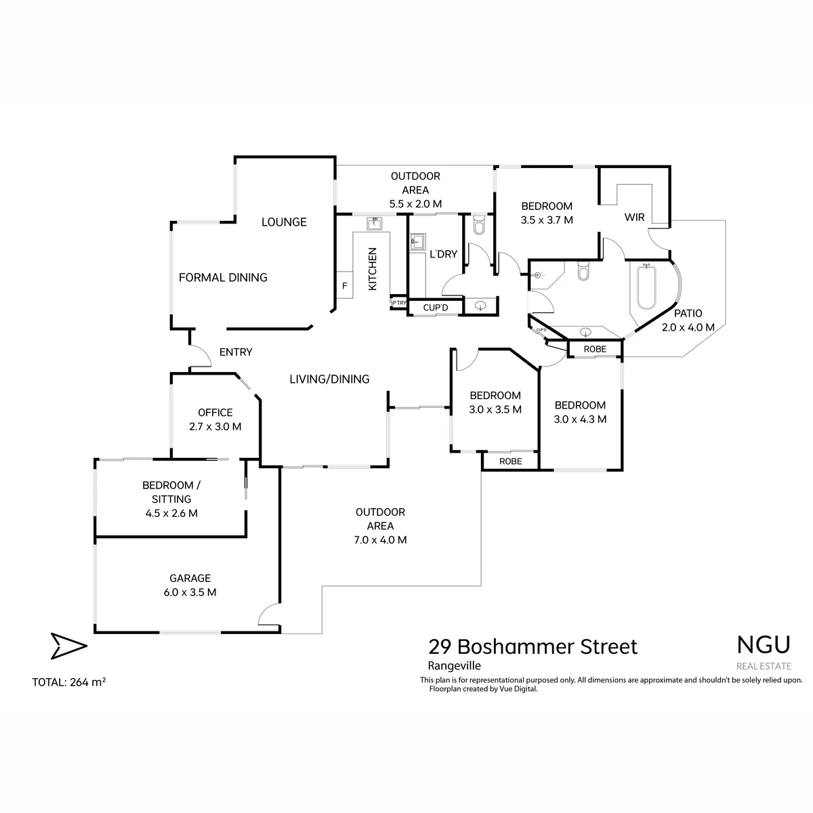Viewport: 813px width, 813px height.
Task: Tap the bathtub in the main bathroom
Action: (x=646, y=287)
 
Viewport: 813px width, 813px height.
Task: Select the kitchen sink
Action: (x=374, y=224)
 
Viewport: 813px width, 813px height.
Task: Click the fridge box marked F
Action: (x=345, y=285)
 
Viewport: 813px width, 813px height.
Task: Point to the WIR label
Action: (x=635, y=217)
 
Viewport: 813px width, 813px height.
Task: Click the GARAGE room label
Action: (x=190, y=578)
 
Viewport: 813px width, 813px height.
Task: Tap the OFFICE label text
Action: (x=215, y=412)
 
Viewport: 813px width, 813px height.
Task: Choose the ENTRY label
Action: (x=236, y=352)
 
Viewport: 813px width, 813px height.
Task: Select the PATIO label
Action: (x=688, y=314)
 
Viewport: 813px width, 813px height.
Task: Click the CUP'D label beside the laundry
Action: (x=436, y=308)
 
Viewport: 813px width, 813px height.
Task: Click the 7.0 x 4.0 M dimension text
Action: (x=380, y=540)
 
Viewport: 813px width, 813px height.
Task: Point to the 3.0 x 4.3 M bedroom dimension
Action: (x=580, y=419)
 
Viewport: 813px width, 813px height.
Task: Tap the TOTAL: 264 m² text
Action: (x=69, y=682)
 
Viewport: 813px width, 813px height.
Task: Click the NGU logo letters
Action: (x=764, y=645)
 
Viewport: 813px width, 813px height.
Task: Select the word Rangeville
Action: (x=455, y=666)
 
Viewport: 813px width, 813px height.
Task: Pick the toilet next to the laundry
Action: (x=479, y=226)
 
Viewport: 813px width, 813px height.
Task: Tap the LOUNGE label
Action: (x=284, y=222)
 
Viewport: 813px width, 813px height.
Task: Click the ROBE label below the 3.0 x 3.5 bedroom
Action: (x=511, y=461)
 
